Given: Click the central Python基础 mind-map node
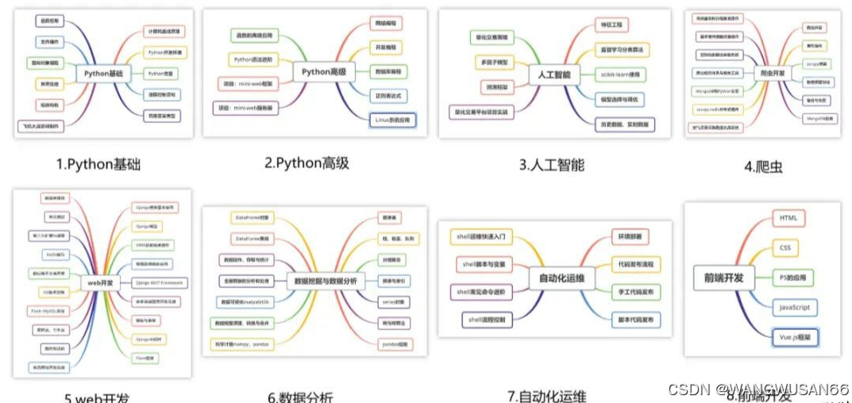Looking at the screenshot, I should pyautogui.click(x=102, y=74).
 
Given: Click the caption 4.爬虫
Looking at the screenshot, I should pyautogui.click(x=763, y=167).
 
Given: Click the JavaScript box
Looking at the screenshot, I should pyautogui.click(x=794, y=307).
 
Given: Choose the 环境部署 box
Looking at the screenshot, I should pyautogui.click(x=630, y=236).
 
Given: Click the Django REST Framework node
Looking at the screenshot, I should pyautogui.click(x=159, y=282).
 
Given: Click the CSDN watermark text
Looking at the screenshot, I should pyautogui.click(x=758, y=390).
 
